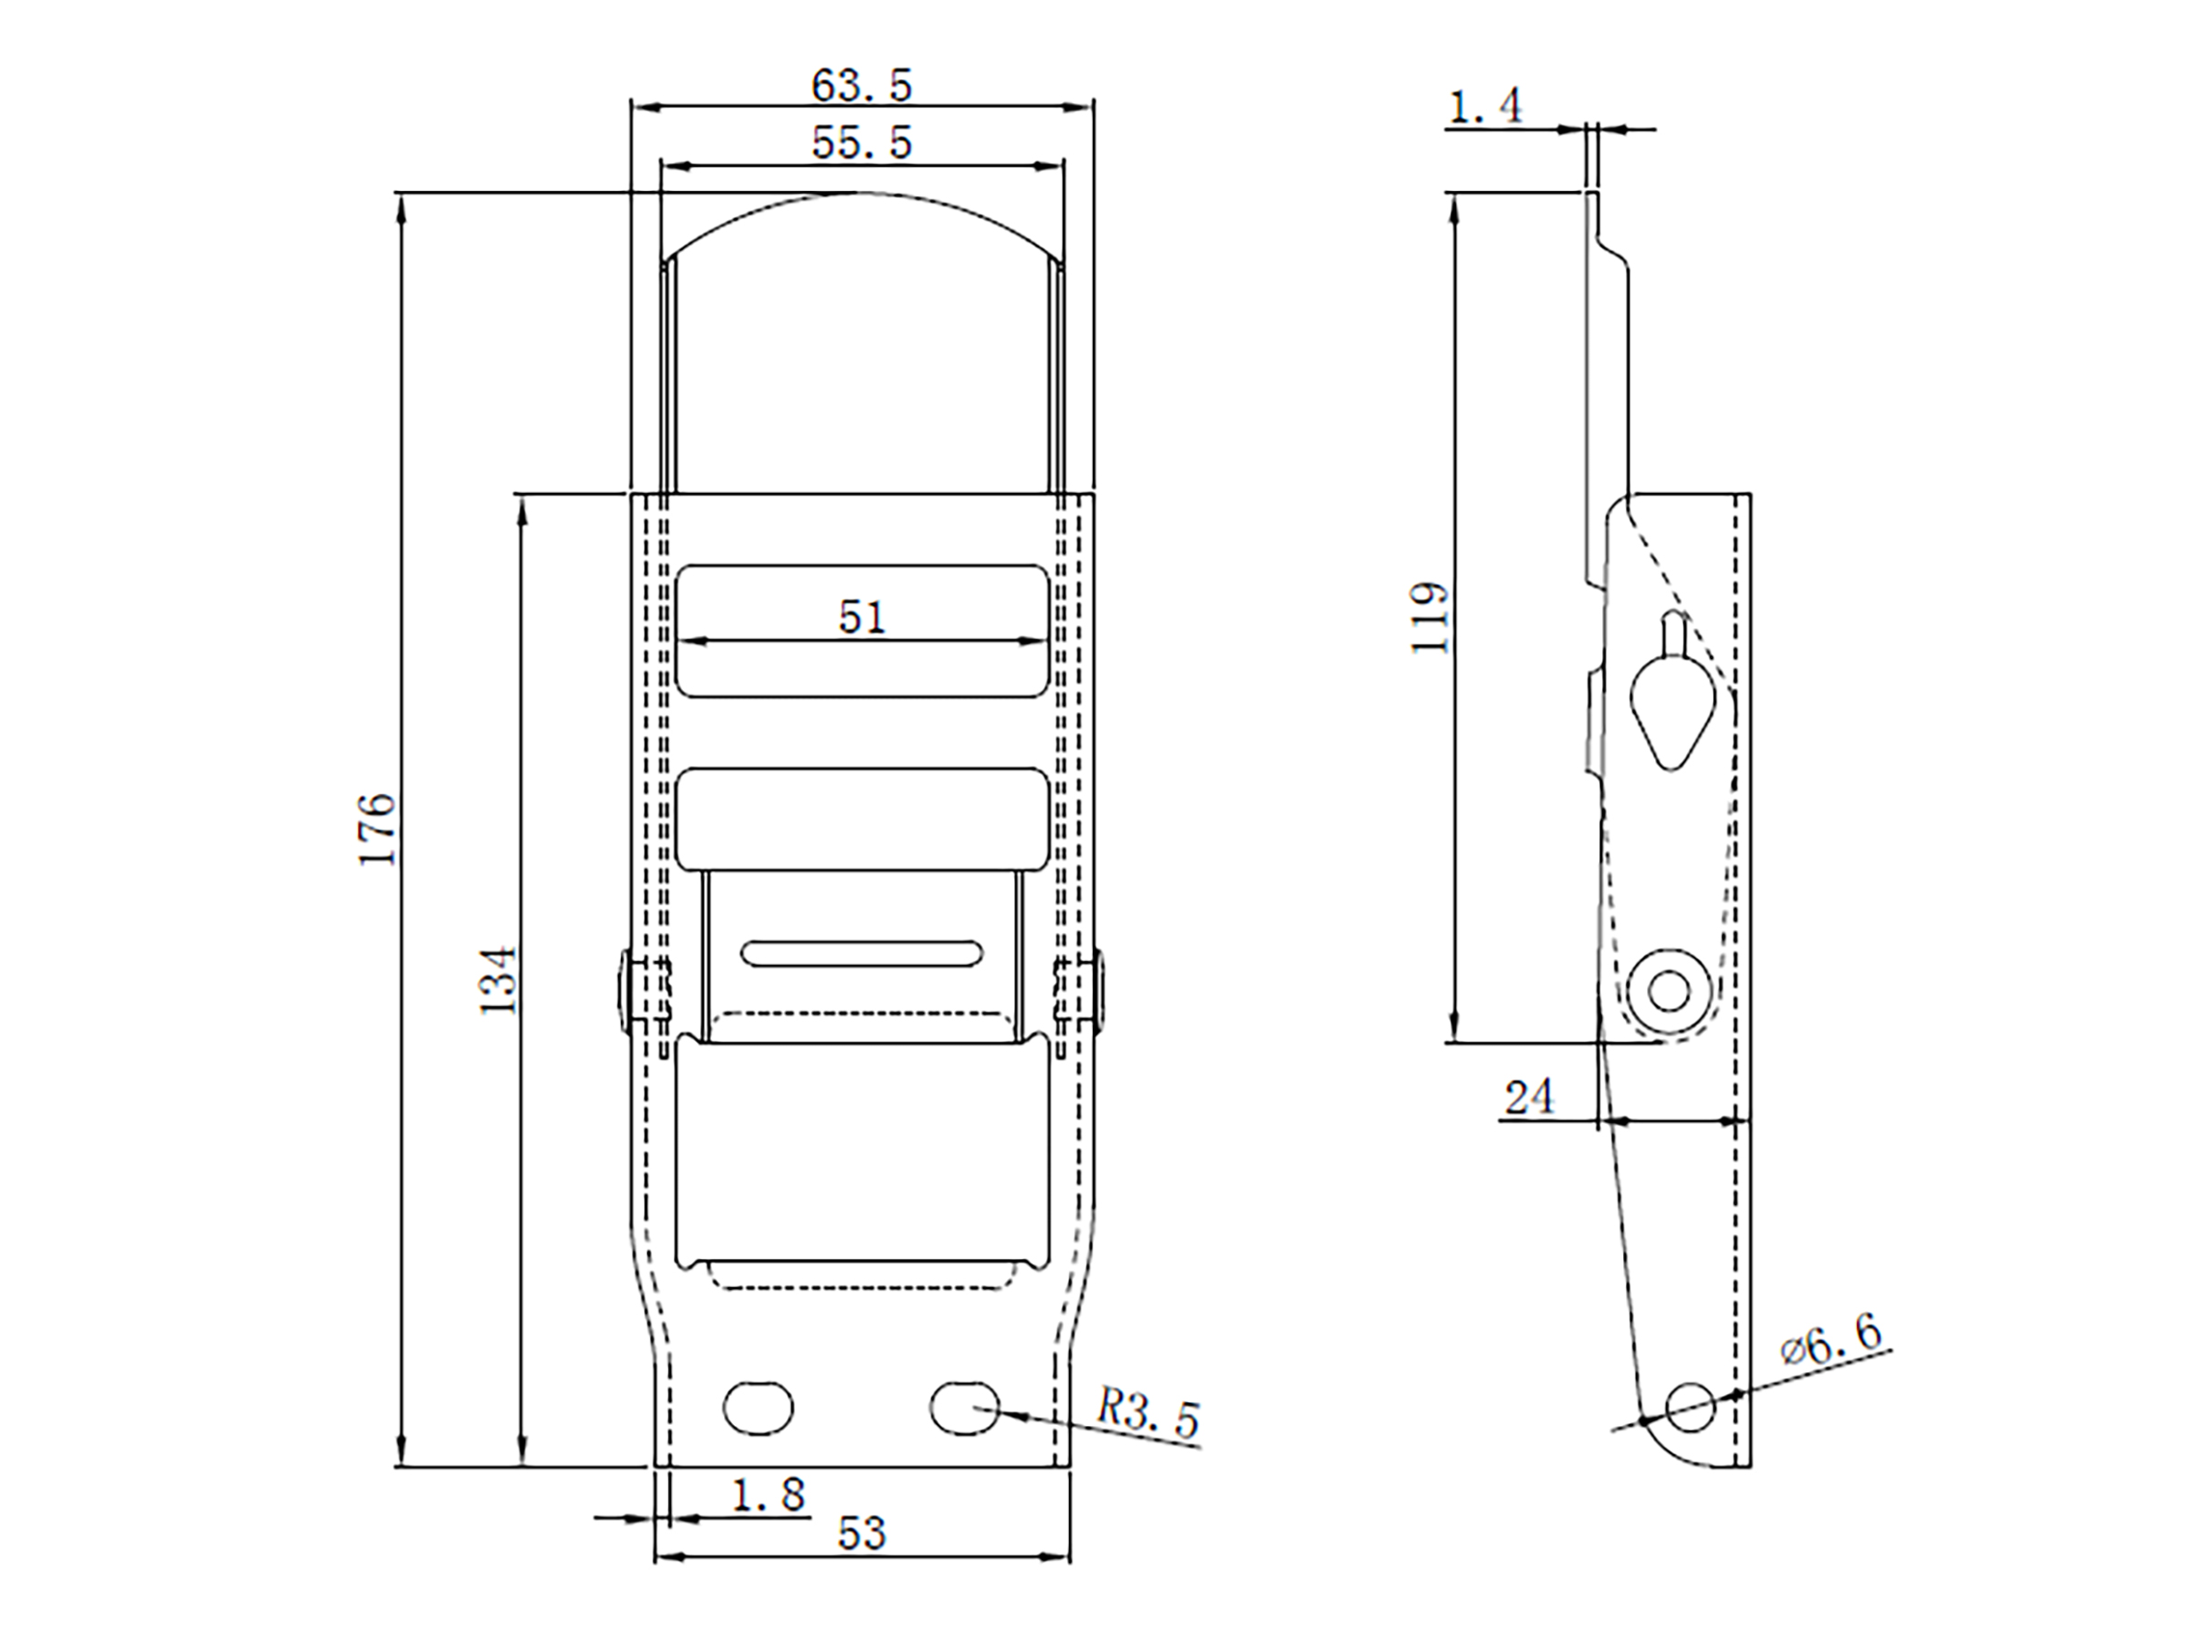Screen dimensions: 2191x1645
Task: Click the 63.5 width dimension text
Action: click(x=861, y=86)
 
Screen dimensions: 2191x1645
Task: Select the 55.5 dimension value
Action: click(x=861, y=142)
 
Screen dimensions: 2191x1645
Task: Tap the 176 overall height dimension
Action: click(x=377, y=829)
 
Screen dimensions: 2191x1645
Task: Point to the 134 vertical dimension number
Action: click(x=499, y=980)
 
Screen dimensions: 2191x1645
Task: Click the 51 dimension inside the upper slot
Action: click(x=862, y=617)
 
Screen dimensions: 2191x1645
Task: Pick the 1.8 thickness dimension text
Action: click(x=769, y=1494)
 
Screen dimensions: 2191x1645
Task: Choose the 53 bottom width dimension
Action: click(x=861, y=1533)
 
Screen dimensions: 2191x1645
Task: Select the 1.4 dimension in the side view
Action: click(x=1485, y=106)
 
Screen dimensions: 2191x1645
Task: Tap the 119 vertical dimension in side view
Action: click(x=1430, y=618)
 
